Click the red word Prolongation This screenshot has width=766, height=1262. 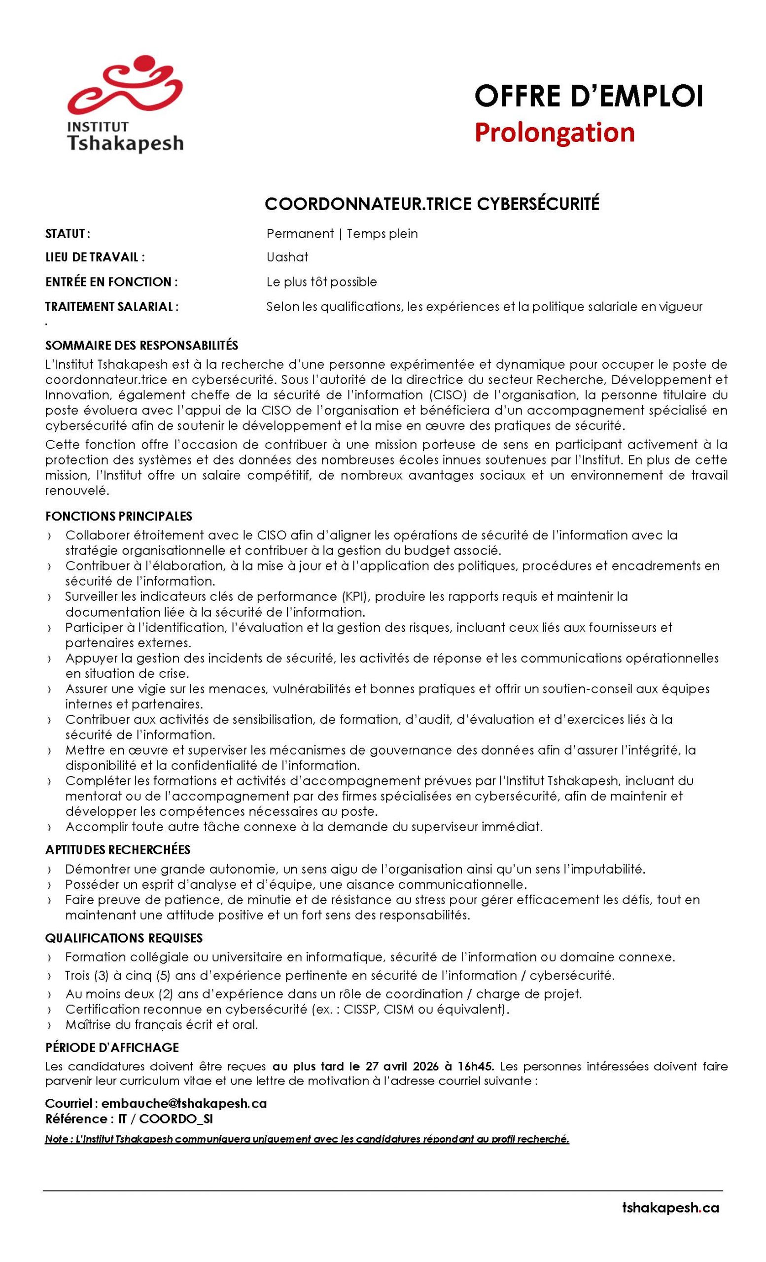(554, 132)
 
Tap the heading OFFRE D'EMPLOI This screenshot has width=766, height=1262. (589, 96)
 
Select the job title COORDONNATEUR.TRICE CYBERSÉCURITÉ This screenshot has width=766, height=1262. (432, 204)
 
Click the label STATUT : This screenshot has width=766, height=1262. (68, 234)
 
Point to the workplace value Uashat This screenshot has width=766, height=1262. (287, 257)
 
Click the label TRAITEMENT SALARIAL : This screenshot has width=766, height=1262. (111, 307)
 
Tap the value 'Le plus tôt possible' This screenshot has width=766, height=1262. (321, 281)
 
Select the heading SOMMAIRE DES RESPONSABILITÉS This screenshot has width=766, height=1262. (141, 345)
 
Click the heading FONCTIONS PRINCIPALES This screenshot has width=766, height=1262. (118, 515)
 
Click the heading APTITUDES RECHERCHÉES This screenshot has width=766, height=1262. (118, 850)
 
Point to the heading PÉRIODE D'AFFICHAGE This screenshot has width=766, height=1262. (111, 1048)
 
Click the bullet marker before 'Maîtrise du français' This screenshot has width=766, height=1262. (49, 1025)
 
